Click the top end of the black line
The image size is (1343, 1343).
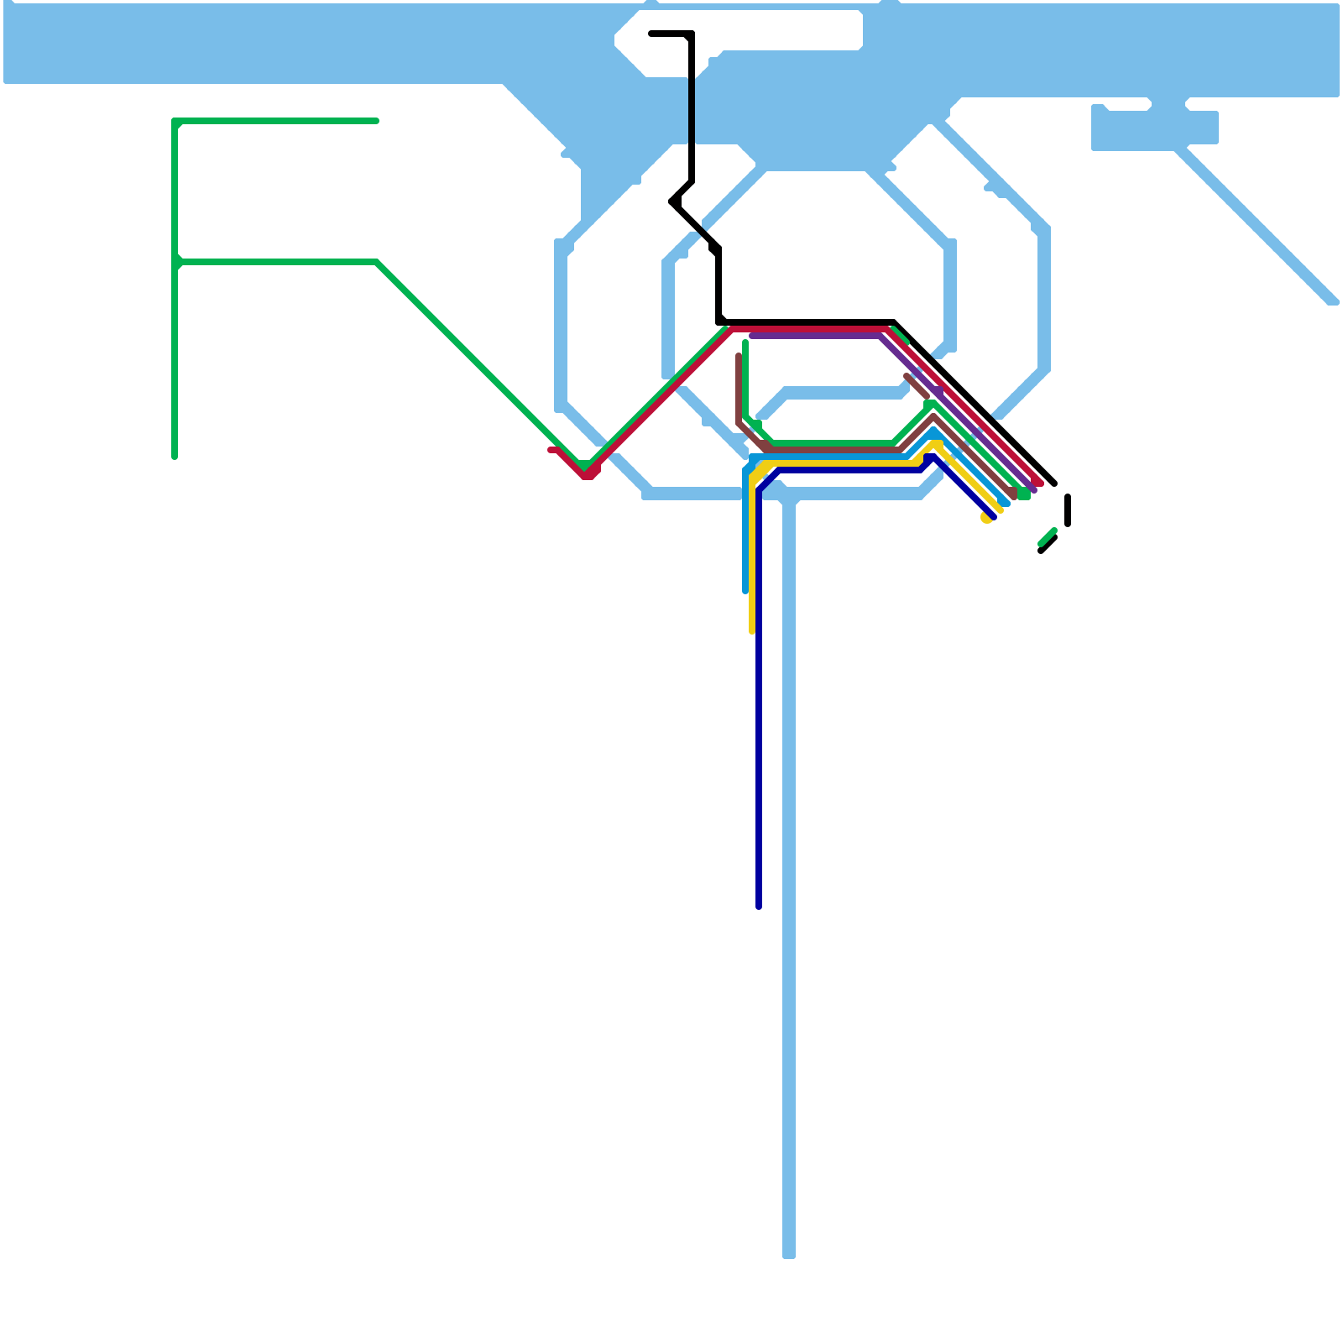tap(652, 34)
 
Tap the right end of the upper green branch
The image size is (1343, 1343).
tap(376, 121)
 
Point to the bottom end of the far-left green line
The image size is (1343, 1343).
tap(175, 457)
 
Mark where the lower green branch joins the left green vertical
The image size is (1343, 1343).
tap(175, 262)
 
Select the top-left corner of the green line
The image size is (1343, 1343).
tap(175, 122)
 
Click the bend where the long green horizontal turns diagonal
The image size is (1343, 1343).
tap(377, 262)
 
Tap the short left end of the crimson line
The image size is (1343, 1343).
tap(551, 450)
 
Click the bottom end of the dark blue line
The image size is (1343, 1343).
tap(759, 907)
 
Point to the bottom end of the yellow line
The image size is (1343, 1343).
tap(752, 631)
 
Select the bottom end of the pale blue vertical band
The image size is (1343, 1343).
tap(789, 1256)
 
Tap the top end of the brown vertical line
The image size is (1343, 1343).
tap(739, 356)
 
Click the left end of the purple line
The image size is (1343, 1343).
tap(752, 336)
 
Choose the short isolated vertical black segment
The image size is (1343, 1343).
tap(1068, 510)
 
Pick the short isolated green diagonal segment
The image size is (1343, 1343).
tap(1047, 538)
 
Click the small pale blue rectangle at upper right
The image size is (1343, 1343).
tap(1154, 128)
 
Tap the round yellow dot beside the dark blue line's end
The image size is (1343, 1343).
tap(986, 519)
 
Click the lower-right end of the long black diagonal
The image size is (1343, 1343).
tap(1054, 483)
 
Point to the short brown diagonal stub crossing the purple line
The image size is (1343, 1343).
tap(918, 386)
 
